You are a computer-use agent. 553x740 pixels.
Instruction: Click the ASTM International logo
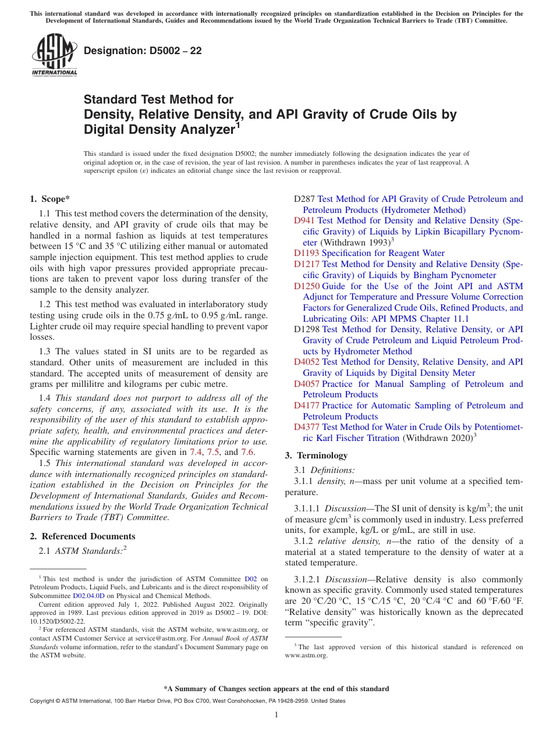[x=54, y=55]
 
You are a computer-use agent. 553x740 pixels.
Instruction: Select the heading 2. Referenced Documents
[x=83, y=536]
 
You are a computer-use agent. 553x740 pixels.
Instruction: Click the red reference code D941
[x=304, y=220]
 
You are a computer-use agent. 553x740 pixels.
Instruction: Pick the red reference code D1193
[x=307, y=253]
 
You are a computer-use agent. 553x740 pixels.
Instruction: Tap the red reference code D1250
[x=307, y=286]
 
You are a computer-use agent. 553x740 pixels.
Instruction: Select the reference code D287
[x=304, y=199]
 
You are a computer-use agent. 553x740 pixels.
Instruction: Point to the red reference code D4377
[x=307, y=427]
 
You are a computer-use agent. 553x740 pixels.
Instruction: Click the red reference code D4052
[x=307, y=362]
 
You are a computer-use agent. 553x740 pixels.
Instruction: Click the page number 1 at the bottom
[x=276, y=715]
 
